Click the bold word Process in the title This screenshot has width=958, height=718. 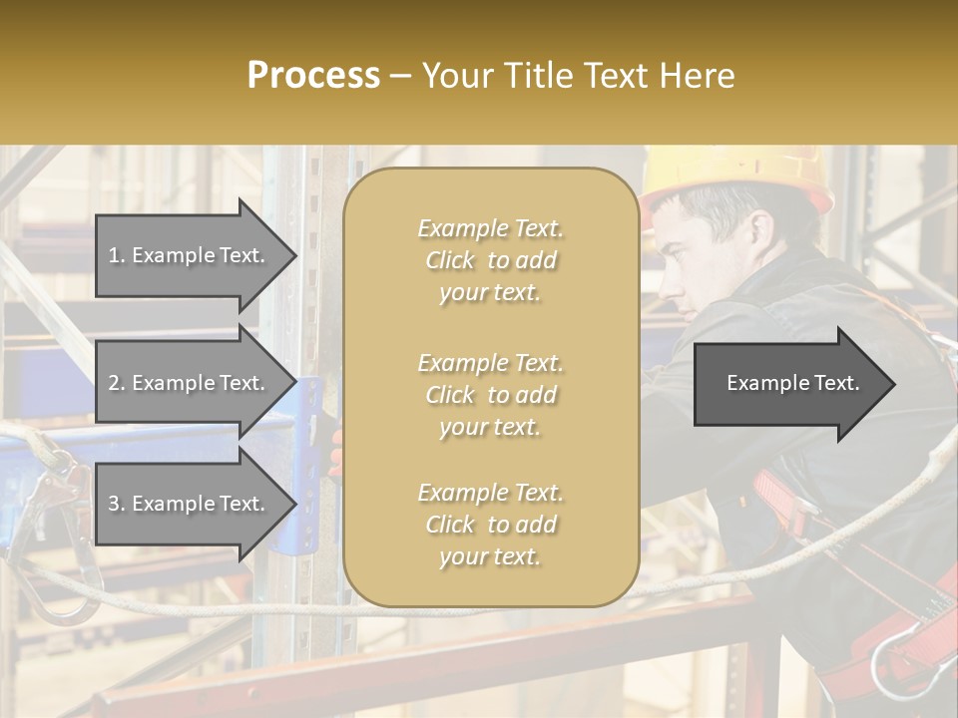click(313, 76)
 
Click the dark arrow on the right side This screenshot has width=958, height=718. click(793, 384)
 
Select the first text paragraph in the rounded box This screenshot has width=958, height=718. click(490, 260)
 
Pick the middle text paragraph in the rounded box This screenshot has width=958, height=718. click(490, 395)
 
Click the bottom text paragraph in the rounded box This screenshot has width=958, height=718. click(490, 525)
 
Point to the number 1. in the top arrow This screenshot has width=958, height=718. click(117, 255)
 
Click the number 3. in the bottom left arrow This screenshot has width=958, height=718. click(117, 504)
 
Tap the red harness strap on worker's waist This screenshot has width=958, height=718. click(778, 499)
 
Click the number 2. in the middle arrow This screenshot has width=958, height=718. click(117, 383)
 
